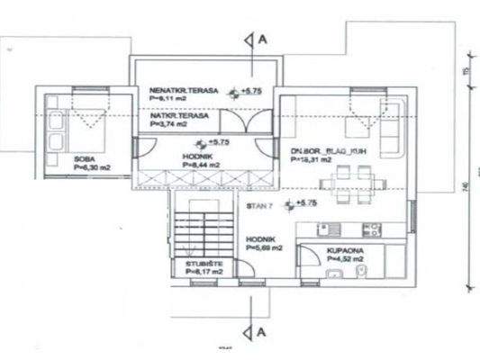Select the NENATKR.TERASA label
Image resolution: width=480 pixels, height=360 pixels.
point(180,92)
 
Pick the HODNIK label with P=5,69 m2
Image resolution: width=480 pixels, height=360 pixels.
point(260,239)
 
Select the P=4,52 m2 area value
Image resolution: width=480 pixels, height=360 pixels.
point(346,259)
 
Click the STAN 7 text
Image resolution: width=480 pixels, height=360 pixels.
point(258,206)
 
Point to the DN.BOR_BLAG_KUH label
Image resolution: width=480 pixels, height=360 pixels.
point(315,150)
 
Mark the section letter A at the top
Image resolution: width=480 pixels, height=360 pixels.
point(262,40)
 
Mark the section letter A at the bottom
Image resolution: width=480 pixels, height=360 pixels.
point(262,331)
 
